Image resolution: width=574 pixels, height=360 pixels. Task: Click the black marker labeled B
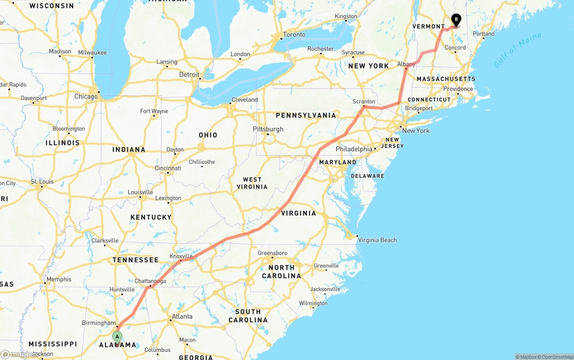[x=456, y=20]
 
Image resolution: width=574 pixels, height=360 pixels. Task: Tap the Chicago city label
[x=86, y=96]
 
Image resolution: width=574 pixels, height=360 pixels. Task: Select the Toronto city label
[x=294, y=35]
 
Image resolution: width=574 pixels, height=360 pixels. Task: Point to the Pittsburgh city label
[x=268, y=129]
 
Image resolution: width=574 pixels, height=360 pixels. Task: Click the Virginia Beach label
[x=377, y=240]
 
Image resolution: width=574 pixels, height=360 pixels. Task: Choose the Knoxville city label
[x=181, y=256]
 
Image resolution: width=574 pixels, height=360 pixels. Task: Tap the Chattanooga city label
[x=150, y=281]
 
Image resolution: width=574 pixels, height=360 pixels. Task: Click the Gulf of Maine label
[x=517, y=50]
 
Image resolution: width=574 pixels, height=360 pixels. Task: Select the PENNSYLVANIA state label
[x=306, y=115]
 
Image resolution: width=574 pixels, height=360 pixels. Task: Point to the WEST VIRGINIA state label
[x=252, y=183]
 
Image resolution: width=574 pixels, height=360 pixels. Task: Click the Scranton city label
[x=364, y=102]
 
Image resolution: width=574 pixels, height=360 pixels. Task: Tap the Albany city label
[x=406, y=64]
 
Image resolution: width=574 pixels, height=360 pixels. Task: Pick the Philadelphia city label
[x=354, y=149]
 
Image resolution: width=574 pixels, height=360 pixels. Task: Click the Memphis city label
[x=59, y=279]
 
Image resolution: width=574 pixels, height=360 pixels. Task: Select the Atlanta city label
[x=182, y=317]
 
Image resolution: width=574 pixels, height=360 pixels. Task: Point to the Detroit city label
[x=189, y=74]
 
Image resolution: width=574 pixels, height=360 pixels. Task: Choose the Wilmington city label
[x=313, y=303]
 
